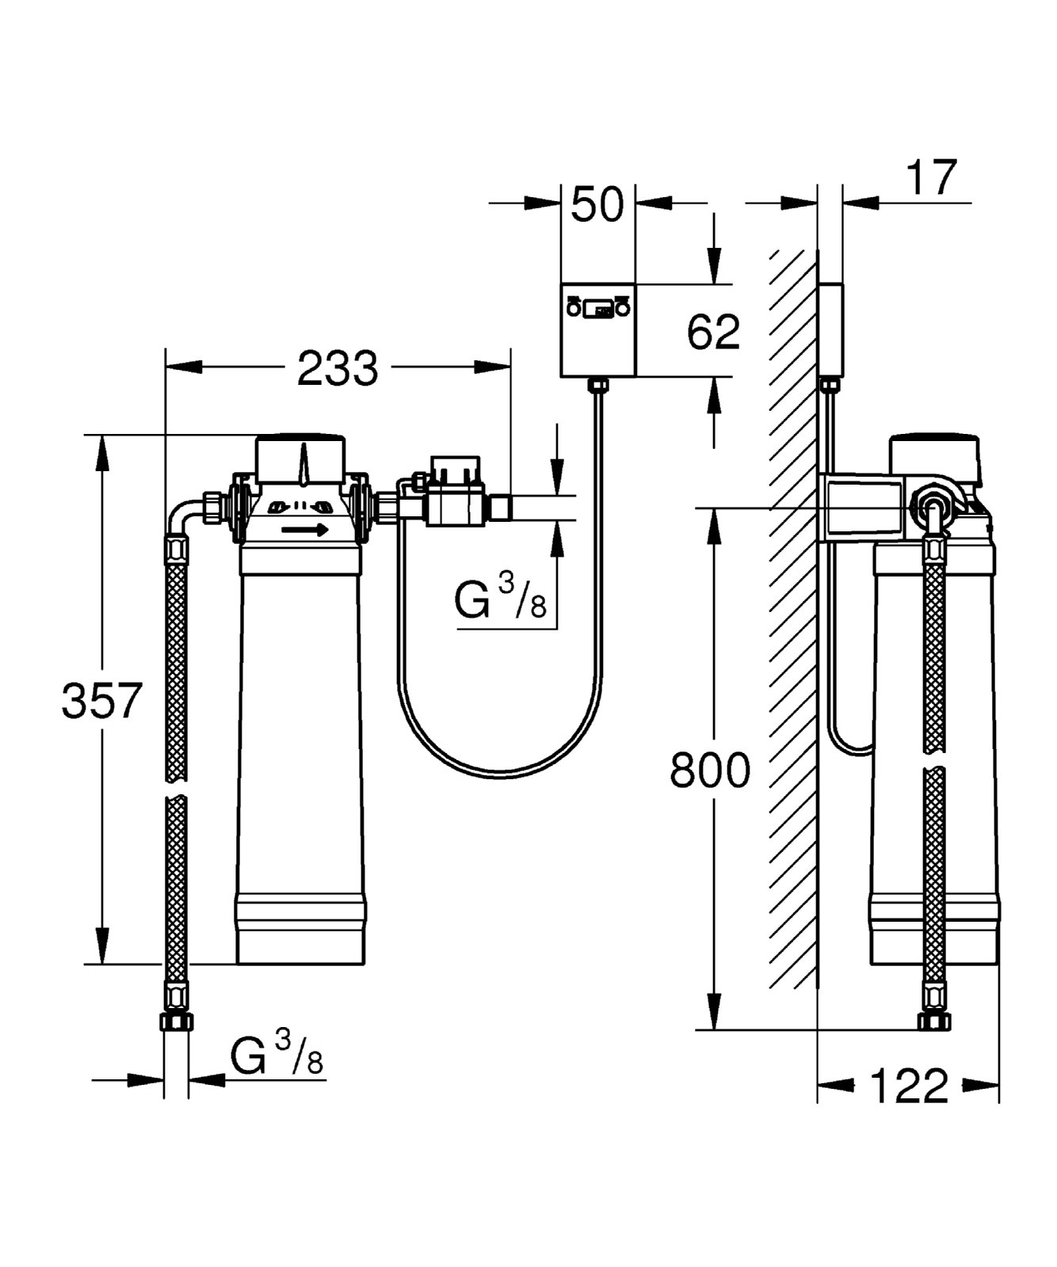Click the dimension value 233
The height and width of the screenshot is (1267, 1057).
coord(338,367)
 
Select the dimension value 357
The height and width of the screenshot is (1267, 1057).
coord(102,700)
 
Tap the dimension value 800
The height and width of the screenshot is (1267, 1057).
coord(709,770)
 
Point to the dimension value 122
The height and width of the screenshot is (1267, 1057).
coord(909,1086)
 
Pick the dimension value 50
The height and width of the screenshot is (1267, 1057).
coord(597,204)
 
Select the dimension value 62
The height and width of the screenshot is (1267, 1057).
coord(713,331)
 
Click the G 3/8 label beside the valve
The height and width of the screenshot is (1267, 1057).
coord(501,599)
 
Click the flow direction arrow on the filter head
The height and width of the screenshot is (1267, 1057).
coord(305,530)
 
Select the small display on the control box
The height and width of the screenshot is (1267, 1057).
coord(598,309)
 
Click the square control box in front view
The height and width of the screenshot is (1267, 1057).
coord(598,341)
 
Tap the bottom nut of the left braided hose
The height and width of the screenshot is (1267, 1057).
coord(176,1021)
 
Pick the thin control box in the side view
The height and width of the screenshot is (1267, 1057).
coord(830,329)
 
